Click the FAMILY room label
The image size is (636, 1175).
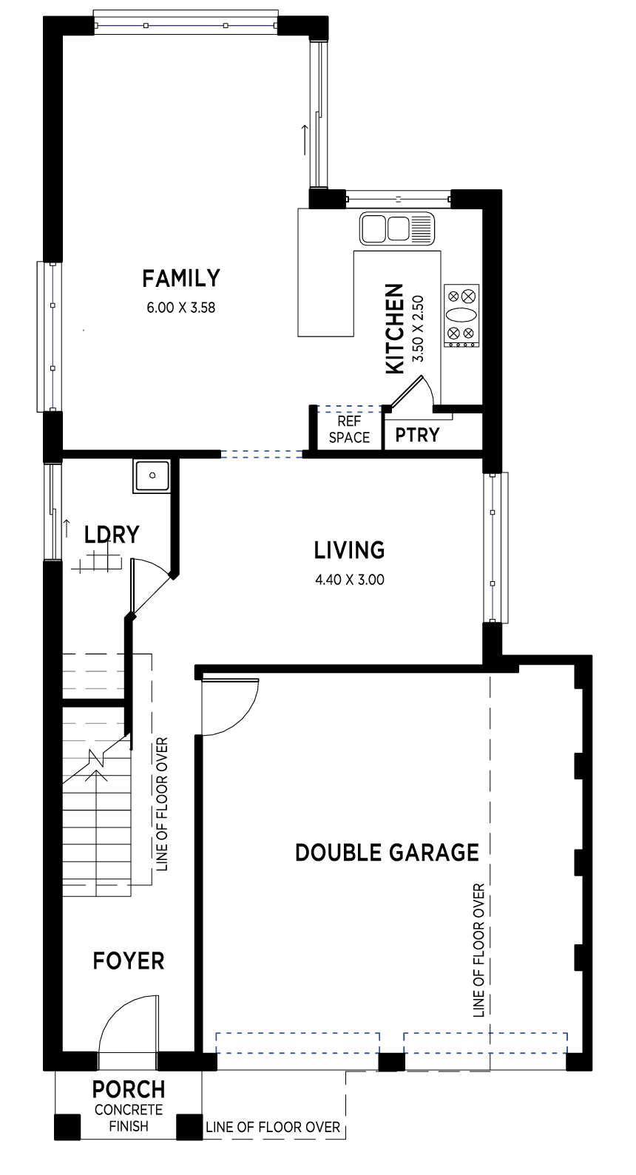[x=181, y=278]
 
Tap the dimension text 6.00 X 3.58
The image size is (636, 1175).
[x=181, y=308]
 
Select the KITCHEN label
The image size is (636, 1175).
[x=395, y=329]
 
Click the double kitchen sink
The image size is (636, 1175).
[x=397, y=228]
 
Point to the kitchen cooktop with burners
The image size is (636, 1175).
[x=461, y=315]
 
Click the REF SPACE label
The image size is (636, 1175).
[x=350, y=429]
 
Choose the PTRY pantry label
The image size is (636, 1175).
[x=417, y=435]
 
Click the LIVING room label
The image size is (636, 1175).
[x=350, y=550]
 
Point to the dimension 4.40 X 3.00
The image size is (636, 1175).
[x=350, y=580]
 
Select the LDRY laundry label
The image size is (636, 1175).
[x=112, y=535]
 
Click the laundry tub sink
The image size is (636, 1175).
[x=152, y=475]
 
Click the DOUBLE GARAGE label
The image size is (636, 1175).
[x=388, y=853]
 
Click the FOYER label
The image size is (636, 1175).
[x=129, y=961]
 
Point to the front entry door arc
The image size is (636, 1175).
[x=127, y=1023]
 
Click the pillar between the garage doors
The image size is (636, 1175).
[x=391, y=1061]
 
